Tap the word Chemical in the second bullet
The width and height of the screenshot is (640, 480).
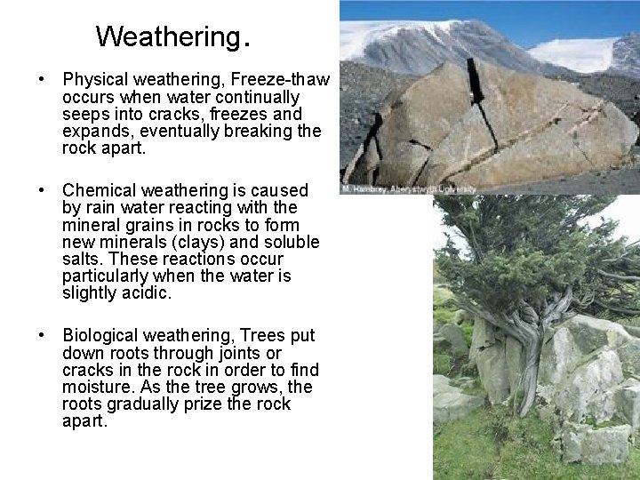click(x=97, y=190)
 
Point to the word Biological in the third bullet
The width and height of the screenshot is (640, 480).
click(x=99, y=335)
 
